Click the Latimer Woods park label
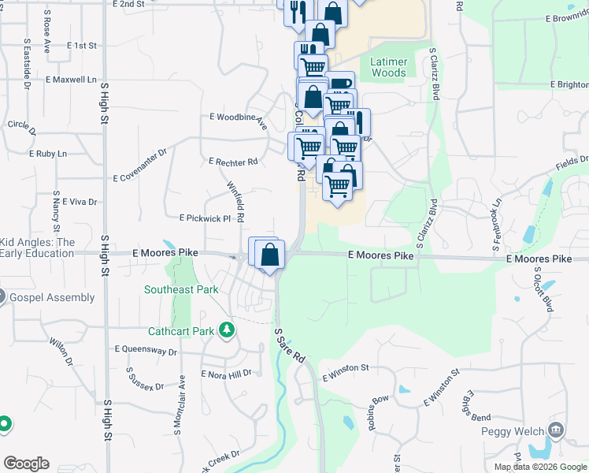click(388, 66)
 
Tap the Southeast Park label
click(181, 289)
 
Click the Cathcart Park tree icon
click(227, 330)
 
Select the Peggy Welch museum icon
click(556, 430)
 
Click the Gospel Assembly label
click(51, 298)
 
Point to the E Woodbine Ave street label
click(238, 120)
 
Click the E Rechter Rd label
click(234, 162)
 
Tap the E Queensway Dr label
click(146, 350)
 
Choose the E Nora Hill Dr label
click(226, 374)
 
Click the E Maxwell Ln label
click(71, 80)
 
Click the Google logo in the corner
click(26, 464)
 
